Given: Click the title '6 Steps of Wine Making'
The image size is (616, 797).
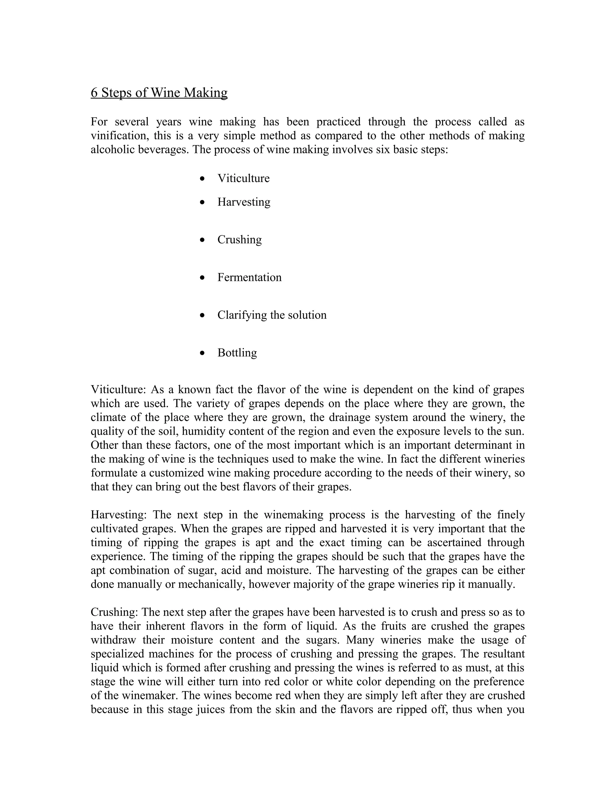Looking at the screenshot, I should point(159,93).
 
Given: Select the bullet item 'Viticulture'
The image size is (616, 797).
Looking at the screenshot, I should point(243,178).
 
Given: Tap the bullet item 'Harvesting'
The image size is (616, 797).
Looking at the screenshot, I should point(244,202).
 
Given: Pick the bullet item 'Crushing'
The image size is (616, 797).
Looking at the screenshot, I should point(239,240).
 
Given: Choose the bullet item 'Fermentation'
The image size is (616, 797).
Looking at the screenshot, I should point(249,277).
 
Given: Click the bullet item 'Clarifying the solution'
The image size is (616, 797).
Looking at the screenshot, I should point(272,315).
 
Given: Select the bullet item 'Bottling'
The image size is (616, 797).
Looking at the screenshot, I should point(237,353).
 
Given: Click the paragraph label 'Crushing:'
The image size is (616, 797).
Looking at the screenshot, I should point(114,612).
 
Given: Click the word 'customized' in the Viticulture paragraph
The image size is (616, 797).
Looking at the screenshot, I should point(176,473).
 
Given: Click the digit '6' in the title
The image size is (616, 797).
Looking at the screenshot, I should point(94,93).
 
